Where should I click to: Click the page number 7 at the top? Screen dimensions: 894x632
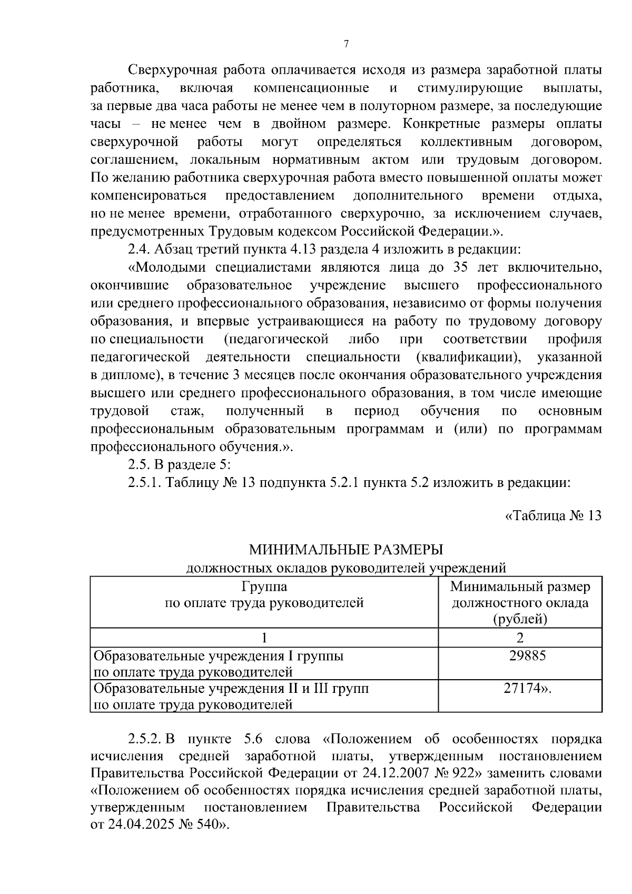pos(346,44)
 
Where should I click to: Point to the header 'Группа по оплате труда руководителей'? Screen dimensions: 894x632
pos(264,595)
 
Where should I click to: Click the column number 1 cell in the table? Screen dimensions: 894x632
pos(264,638)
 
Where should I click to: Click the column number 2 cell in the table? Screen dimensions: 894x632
pos(520,638)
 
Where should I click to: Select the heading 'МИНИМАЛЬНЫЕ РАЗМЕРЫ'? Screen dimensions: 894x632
pos(346,550)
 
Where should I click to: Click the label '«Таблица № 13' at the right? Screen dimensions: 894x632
pos(553,515)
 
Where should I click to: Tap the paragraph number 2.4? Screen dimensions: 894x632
pos(139,249)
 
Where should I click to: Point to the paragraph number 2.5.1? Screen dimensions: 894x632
pos(144,483)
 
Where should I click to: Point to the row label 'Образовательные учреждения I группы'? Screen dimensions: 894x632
pos(218,657)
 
